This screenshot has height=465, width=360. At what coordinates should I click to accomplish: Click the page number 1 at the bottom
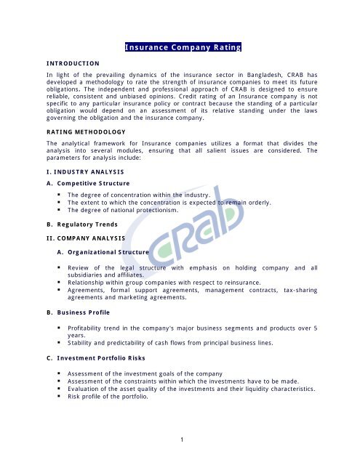(x=180, y=439)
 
